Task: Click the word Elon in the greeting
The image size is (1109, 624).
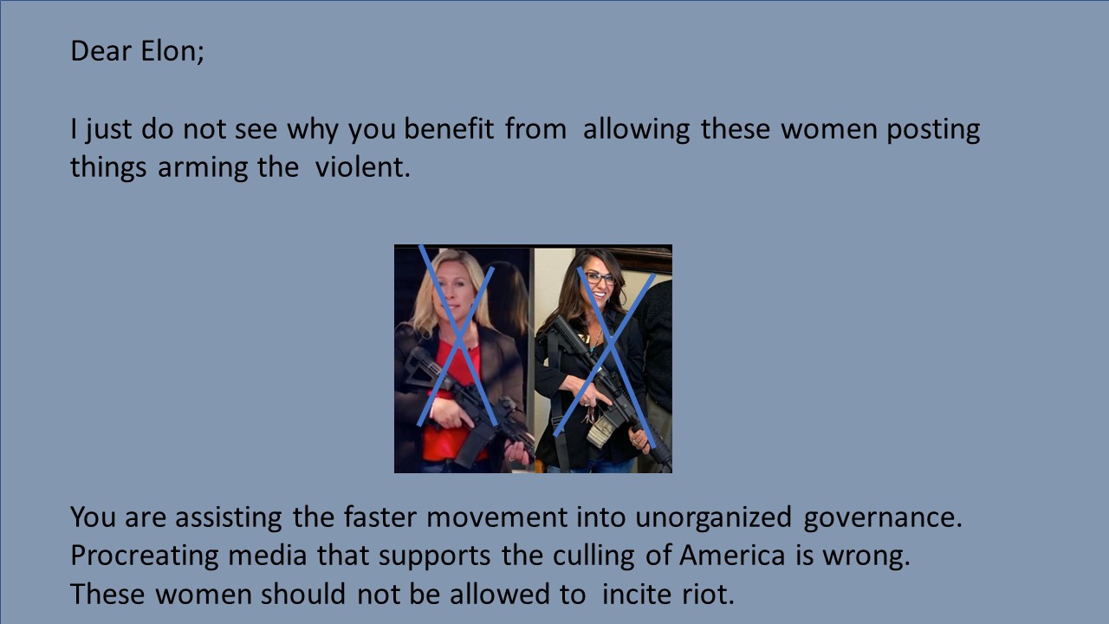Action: tap(172, 51)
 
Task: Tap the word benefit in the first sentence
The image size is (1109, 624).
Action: tap(449, 129)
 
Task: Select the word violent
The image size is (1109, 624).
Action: tap(362, 167)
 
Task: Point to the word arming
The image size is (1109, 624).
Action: tap(203, 168)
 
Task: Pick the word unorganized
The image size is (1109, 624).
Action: tap(713, 518)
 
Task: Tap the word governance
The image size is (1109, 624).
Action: tap(883, 518)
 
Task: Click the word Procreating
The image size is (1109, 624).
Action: tap(145, 556)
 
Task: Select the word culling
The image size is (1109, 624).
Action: tap(593, 556)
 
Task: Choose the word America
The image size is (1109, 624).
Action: tap(732, 555)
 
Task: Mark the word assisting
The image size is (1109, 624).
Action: tap(228, 518)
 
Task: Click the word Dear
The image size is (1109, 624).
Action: tap(101, 51)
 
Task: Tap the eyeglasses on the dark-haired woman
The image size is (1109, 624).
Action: tap(600, 278)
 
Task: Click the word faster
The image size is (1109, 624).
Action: tap(379, 517)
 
